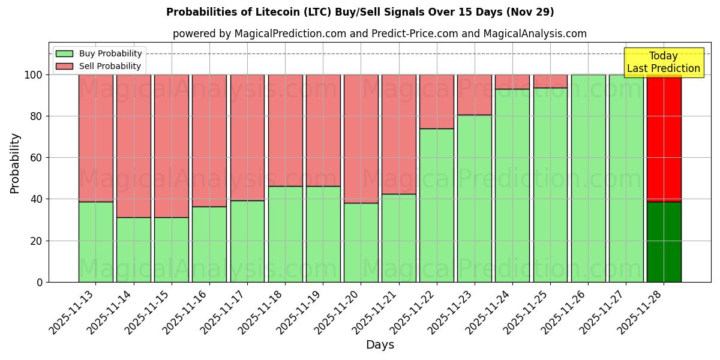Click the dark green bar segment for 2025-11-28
coord(664,242)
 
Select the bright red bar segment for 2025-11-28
coord(664,138)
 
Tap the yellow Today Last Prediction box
coord(664,62)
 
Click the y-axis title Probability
coord(15,163)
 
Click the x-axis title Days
coord(380,345)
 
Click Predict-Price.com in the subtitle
coord(406,34)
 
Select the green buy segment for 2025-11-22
coord(436,205)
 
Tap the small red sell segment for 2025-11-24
coord(512,82)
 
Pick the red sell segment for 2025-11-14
coord(133,146)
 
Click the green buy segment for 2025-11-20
coord(361,242)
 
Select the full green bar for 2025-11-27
coord(626,178)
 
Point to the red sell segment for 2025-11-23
coord(474,95)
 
